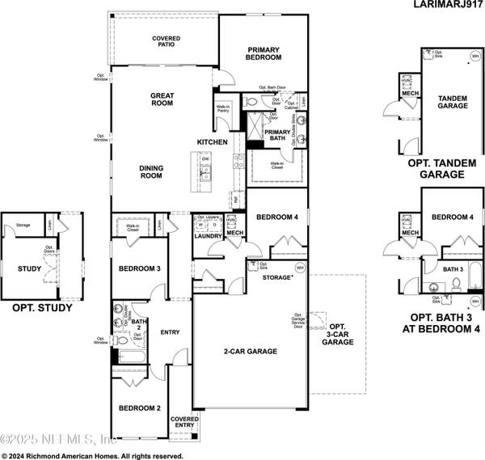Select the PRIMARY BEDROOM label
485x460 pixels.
coord(264,53)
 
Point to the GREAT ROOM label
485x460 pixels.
coord(162,99)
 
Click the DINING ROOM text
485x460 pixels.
coord(151,172)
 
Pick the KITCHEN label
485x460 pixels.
coord(213,142)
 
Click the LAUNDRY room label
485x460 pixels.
coord(208,235)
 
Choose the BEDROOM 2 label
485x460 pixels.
coord(136,408)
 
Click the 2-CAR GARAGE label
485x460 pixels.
coord(251,352)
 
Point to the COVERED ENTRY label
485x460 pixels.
coord(183,421)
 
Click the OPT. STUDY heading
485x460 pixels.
coord(42,307)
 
